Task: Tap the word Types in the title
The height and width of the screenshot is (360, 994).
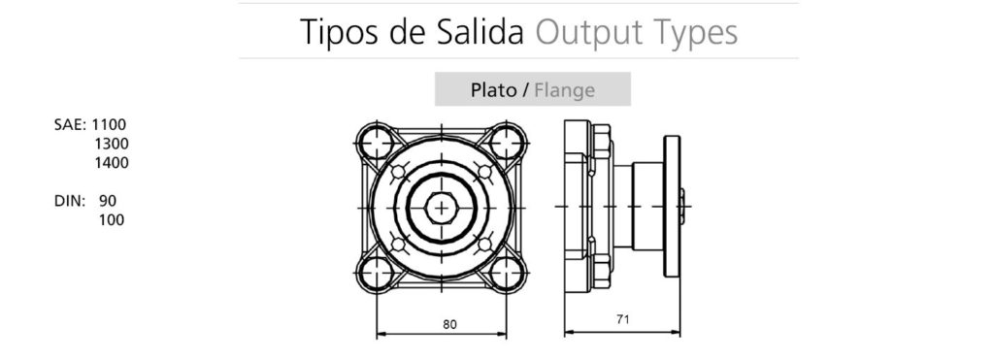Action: [695, 33]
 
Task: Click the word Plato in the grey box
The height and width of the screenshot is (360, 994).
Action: [493, 90]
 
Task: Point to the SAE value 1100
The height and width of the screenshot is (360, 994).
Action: [110, 124]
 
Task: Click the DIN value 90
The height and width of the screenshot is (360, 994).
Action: [108, 201]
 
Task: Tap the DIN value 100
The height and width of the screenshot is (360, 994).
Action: [112, 220]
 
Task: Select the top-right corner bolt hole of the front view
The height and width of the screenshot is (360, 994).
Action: [506, 143]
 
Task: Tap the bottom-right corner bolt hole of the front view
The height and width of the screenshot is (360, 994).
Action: [506, 273]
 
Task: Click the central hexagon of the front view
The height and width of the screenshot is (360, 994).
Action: [441, 207]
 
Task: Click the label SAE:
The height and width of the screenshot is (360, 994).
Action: [71, 124]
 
